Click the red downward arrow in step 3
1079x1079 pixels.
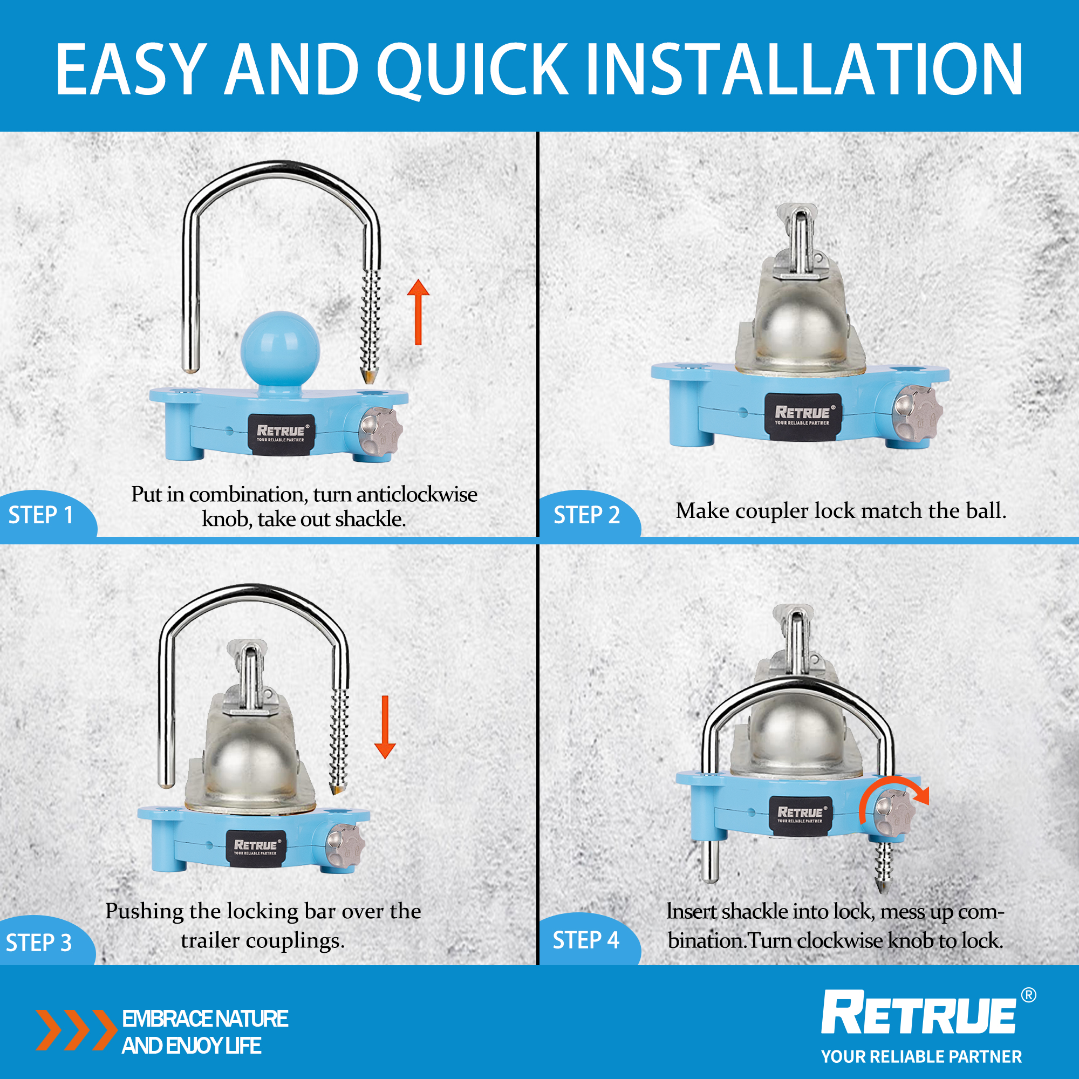[385, 727]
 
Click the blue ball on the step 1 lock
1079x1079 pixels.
[280, 350]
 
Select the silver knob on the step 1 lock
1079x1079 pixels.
[380, 431]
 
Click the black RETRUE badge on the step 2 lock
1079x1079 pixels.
[803, 415]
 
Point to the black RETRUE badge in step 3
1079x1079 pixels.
[256, 848]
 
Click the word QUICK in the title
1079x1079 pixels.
[472, 70]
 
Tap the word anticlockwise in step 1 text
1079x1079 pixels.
[416, 494]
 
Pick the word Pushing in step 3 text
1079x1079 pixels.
[144, 911]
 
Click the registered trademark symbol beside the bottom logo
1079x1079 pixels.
[1028, 995]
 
